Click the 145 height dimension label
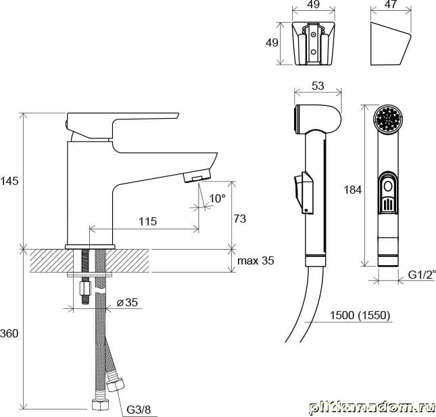coord(9,181)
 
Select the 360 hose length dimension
coord(9,333)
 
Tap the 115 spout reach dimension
coord(147,221)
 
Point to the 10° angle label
coord(218,198)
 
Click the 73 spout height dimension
coord(240,219)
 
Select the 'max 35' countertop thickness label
coord(256,260)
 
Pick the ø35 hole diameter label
coord(127,302)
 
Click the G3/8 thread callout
coord(139,410)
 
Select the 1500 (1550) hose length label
coord(360,315)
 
